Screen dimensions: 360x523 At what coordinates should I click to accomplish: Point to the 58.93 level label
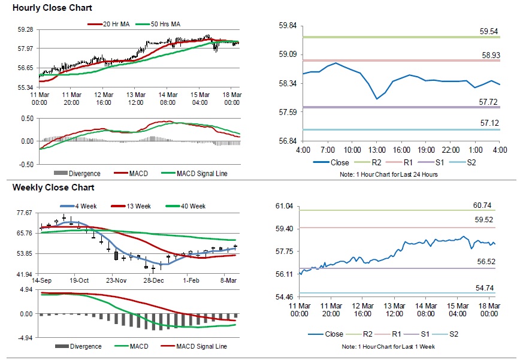tap(489, 55)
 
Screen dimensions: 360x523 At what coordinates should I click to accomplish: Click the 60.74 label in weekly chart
tap(483, 205)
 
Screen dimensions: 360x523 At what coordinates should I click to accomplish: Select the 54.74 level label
tap(485, 288)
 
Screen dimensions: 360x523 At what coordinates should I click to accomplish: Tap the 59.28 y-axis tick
tap(26, 29)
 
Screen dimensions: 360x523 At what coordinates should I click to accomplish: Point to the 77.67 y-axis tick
tap(25, 213)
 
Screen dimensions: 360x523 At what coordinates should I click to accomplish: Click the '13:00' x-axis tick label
tap(376, 149)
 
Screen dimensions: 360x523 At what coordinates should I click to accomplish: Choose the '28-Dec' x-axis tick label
tap(154, 280)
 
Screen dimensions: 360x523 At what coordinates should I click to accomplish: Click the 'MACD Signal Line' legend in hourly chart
tap(201, 174)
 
